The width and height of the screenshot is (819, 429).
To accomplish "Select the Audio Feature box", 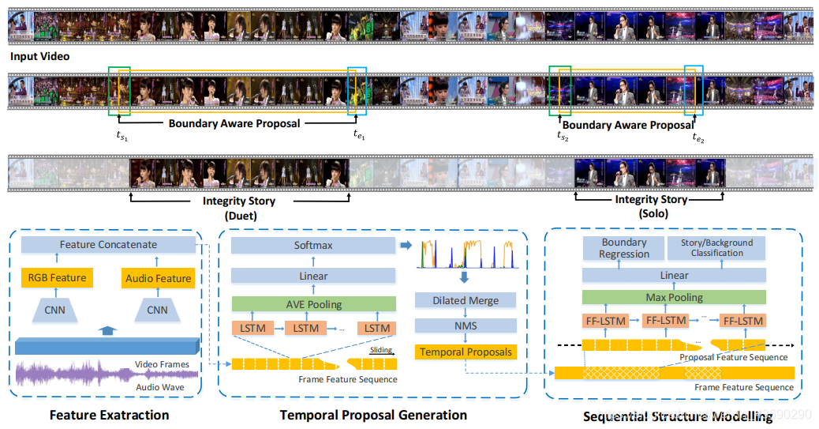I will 158,278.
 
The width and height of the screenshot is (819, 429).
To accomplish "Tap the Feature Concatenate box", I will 108,245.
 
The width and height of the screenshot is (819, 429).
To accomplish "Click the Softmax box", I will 313,246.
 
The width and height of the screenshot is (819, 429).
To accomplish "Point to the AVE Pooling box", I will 313,303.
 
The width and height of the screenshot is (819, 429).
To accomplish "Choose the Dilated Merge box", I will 466,300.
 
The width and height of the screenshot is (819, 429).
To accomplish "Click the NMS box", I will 466,326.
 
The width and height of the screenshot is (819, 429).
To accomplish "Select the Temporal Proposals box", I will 466,352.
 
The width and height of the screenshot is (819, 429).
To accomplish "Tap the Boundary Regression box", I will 624,248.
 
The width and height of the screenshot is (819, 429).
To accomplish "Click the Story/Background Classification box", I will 717,248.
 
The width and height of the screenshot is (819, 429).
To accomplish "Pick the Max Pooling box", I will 674,298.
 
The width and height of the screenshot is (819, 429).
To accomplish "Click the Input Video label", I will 40,57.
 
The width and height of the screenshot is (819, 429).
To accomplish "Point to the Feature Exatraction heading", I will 109,415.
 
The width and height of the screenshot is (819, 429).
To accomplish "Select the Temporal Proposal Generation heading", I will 373,415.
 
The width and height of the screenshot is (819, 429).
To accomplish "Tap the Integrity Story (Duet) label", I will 238,208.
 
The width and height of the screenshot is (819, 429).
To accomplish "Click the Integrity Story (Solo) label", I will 652,207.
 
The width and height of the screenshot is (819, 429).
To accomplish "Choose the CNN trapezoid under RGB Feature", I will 54,310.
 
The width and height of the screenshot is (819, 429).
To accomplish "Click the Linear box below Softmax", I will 313,276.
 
